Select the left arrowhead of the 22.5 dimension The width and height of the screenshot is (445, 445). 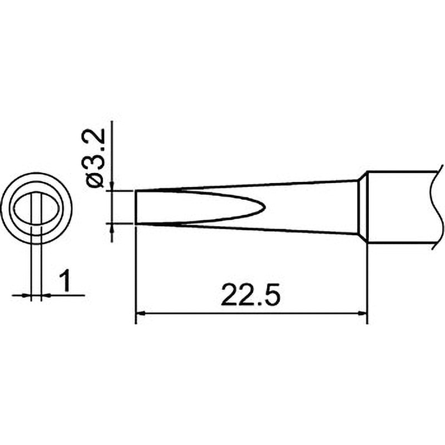click(x=141, y=314)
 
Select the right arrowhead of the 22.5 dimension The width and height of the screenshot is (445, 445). click(x=363, y=314)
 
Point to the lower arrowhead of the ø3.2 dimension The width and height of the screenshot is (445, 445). click(x=112, y=228)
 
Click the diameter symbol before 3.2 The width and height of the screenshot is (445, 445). click(x=95, y=181)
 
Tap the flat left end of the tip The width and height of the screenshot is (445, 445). click(x=136, y=207)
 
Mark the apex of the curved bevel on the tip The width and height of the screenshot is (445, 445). click(x=265, y=207)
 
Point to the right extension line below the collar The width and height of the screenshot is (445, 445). click(x=367, y=278)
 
